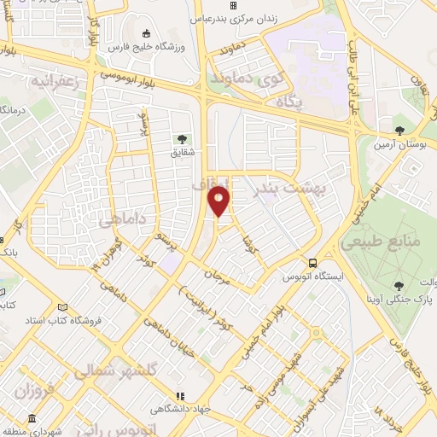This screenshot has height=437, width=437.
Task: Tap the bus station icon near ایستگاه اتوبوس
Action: click(x=313, y=263)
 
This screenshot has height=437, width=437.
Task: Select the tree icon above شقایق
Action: click(x=180, y=139)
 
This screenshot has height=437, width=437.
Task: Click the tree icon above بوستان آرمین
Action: click(x=399, y=131)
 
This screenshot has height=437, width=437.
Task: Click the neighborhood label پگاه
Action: click(x=290, y=102)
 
